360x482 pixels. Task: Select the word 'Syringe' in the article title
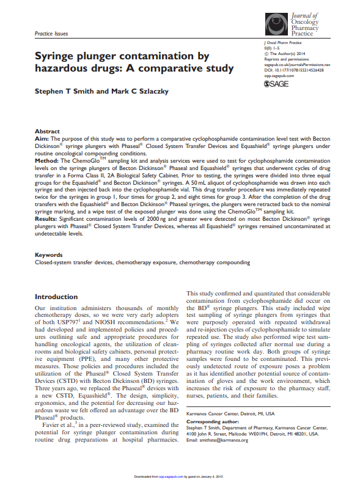click(57, 56)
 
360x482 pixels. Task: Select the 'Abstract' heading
click(47, 132)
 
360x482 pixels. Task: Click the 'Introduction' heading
click(56, 296)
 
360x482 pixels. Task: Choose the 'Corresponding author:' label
click(212, 422)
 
